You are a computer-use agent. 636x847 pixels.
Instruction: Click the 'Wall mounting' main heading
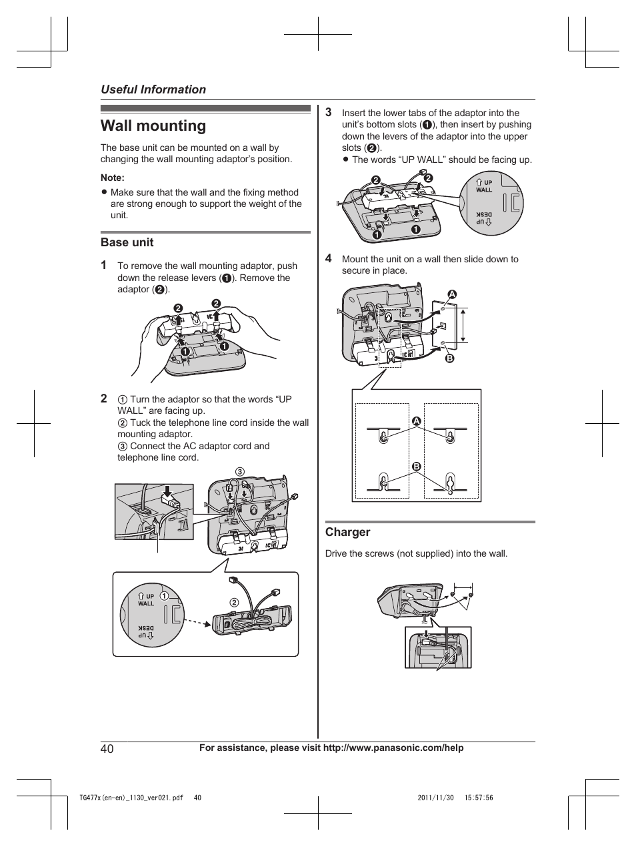[153, 126]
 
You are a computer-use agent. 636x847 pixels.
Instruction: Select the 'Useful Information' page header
[153, 89]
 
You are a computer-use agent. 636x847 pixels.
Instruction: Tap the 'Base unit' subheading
[127, 242]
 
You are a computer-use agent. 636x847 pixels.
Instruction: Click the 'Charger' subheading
[347, 532]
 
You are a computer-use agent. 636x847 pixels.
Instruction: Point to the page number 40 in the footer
[107, 748]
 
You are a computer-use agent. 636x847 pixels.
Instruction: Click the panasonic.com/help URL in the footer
[393, 748]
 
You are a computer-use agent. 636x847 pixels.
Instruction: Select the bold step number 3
[329, 112]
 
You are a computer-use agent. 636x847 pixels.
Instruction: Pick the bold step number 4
[329, 258]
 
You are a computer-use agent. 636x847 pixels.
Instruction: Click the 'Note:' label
[113, 178]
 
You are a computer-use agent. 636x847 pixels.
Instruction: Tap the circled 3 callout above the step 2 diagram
[239, 472]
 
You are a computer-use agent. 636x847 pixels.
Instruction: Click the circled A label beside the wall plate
[451, 294]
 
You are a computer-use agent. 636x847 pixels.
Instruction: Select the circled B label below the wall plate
[449, 358]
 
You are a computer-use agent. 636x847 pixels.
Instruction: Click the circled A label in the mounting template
[417, 421]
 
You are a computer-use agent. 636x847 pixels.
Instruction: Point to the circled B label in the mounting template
[417, 466]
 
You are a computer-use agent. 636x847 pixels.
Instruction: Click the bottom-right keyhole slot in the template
[451, 483]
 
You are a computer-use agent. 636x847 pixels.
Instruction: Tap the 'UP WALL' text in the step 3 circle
[484, 186]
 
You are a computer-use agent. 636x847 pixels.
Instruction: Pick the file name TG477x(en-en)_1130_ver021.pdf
[131, 798]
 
